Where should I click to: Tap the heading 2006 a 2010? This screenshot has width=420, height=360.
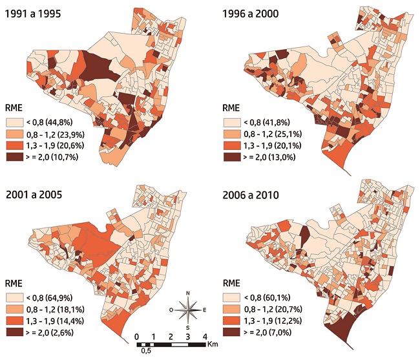[254, 193]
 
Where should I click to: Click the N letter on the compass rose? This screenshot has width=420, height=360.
[188, 294]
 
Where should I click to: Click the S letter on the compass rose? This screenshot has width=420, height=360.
[188, 327]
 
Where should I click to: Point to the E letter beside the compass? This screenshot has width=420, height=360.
[204, 310]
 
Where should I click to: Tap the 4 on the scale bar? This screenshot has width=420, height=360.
[204, 337]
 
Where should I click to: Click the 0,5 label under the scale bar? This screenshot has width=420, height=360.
[145, 352]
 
